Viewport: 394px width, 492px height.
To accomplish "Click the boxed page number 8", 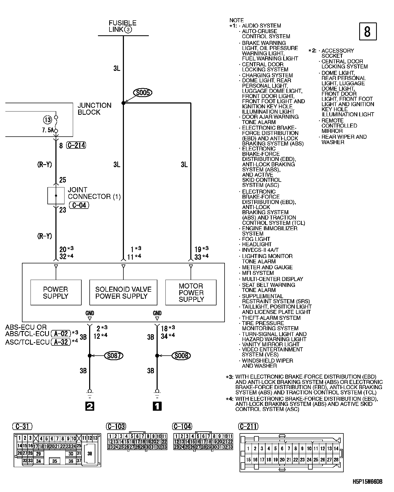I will (x=368, y=32).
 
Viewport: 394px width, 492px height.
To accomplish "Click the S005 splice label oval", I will (x=143, y=93).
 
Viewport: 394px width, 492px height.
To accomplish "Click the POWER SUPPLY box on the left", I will (x=56, y=293).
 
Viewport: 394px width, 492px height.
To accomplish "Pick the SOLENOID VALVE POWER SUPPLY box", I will (x=123, y=293).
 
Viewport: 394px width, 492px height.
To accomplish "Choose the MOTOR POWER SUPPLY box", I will (x=191, y=293).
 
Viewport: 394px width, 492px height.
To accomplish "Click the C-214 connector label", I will (x=76, y=145).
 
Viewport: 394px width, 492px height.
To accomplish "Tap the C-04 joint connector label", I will (x=79, y=205).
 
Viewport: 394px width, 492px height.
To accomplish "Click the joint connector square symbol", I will (x=56, y=196).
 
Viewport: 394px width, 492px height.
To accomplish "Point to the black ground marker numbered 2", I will (x=90, y=406).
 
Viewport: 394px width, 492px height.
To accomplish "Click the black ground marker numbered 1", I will (x=157, y=406).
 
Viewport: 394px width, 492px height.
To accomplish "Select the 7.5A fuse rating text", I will (x=48, y=130).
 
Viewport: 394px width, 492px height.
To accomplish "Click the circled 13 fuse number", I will (x=48, y=120).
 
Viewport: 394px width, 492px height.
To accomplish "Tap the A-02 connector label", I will (x=61, y=333).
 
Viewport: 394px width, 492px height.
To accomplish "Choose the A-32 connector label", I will (x=61, y=342).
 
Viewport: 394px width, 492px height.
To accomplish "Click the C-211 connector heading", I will (x=249, y=426).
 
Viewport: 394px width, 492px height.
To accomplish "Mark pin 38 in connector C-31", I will (x=90, y=454).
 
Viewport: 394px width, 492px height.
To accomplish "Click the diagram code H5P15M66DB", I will (x=367, y=482).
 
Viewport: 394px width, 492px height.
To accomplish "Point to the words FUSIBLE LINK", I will (x=122, y=26).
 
